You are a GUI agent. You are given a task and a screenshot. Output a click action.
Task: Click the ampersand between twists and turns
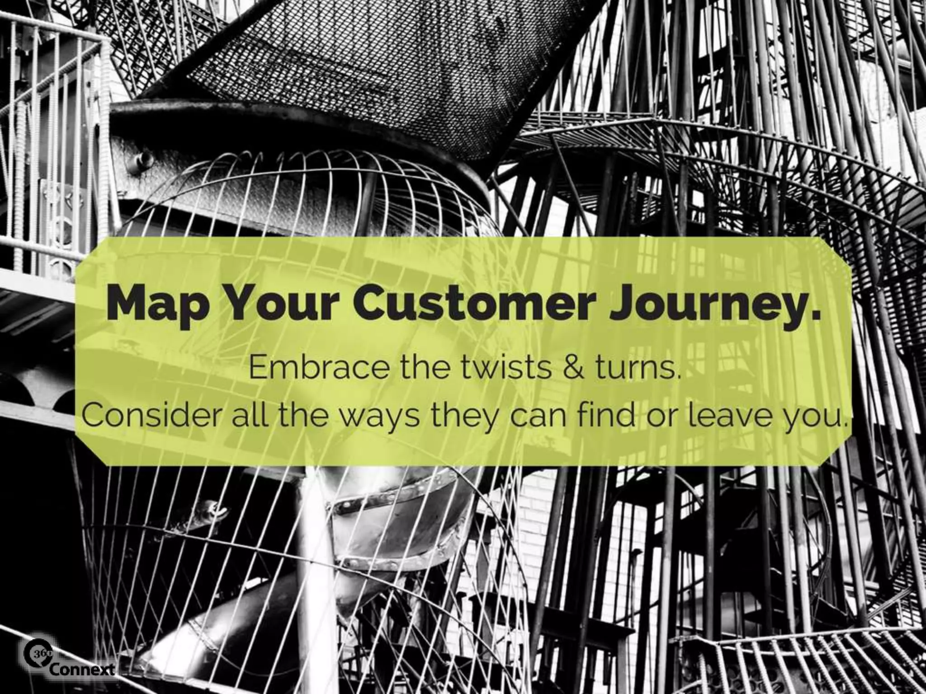pos(576,369)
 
